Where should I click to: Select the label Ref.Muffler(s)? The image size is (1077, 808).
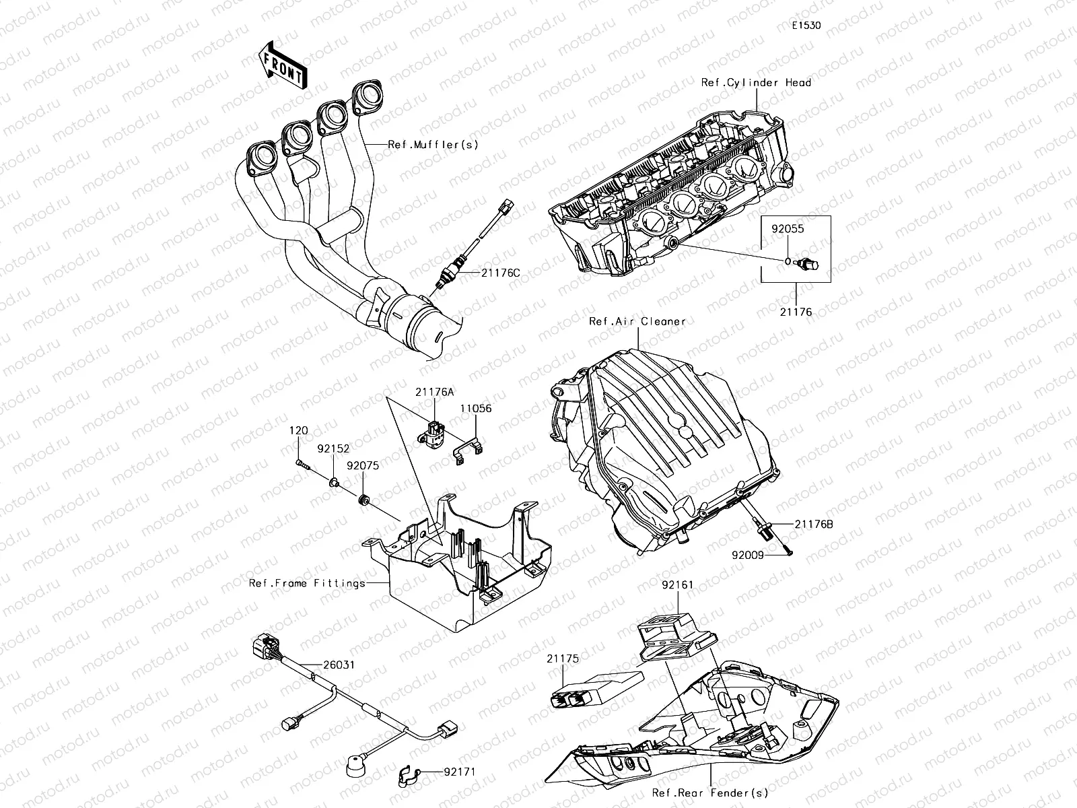[433, 144]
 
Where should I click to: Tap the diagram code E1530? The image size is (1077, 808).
[806, 26]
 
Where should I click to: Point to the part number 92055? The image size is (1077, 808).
[787, 229]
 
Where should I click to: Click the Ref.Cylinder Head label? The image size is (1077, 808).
[756, 83]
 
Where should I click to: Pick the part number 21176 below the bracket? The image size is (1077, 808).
[796, 312]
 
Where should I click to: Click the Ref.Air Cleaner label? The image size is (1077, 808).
[637, 321]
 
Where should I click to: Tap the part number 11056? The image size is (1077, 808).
[475, 408]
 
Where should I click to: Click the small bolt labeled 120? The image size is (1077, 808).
[302, 463]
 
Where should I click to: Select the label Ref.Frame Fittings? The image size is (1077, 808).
[307, 583]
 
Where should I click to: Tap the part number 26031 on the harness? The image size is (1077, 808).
[338, 665]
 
